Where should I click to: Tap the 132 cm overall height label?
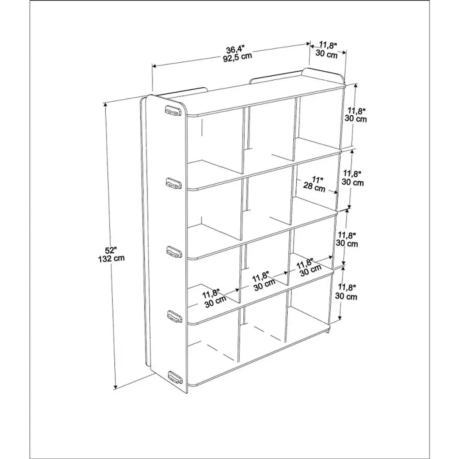coord(111,259)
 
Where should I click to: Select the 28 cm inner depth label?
coord(314,187)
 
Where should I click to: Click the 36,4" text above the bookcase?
coord(235,48)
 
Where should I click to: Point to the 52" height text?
coord(111,250)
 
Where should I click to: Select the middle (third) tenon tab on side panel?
coord(174,251)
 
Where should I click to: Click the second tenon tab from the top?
coord(174,183)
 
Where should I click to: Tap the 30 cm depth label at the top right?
coord(327,54)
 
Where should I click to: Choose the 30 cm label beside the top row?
coord(355,119)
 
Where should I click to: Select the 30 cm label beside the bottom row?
coord(346,296)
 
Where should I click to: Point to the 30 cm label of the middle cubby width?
coord(264,285)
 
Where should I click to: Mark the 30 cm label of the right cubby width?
coord(311,269)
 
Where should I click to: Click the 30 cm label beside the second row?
coord(353,182)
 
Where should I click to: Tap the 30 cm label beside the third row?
coord(347,243)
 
